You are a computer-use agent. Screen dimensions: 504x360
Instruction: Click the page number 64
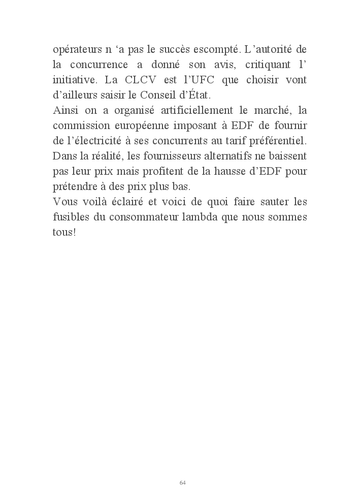(182, 483)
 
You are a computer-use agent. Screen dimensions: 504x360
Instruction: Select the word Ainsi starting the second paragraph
(64, 110)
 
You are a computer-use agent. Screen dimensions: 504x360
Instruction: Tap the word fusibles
(70, 216)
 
